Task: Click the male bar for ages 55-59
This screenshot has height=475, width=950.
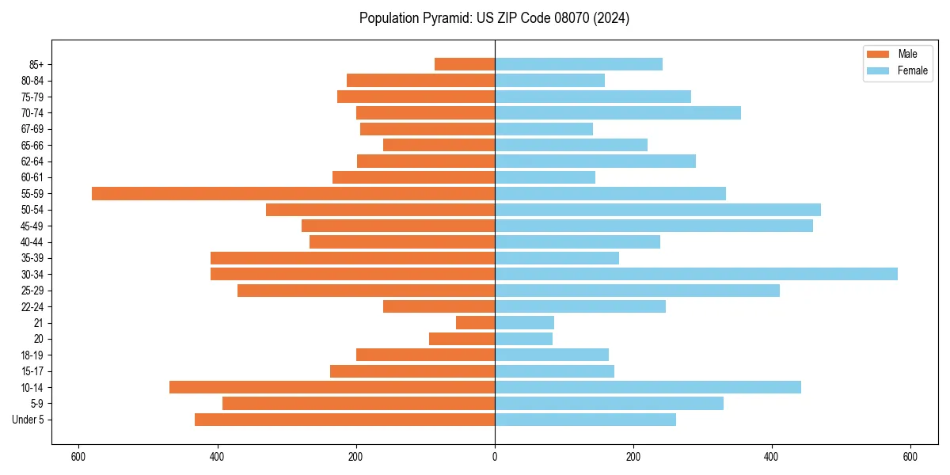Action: pyautogui.click(x=293, y=193)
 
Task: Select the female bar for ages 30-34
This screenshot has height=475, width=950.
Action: pyautogui.click(x=696, y=274)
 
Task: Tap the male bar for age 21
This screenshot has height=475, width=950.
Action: pyautogui.click(x=475, y=322)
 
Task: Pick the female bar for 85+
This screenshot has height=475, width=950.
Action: pyautogui.click(x=578, y=64)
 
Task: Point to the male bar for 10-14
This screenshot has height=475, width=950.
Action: pyautogui.click(x=332, y=387)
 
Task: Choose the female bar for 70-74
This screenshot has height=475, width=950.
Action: pyautogui.click(x=617, y=112)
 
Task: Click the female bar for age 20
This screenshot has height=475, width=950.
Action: pyautogui.click(x=523, y=339)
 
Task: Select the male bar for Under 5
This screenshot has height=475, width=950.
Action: pyautogui.click(x=344, y=420)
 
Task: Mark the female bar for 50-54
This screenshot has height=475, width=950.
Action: pyautogui.click(x=657, y=210)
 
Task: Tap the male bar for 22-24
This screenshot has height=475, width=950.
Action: pyautogui.click(x=439, y=306)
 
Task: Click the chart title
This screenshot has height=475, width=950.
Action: pyautogui.click(x=494, y=18)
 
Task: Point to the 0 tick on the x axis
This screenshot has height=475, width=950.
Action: pyautogui.click(x=495, y=457)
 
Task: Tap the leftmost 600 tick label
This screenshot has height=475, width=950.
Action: pyautogui.click(x=78, y=457)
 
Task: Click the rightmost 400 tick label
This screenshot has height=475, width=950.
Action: pyautogui.click(x=771, y=457)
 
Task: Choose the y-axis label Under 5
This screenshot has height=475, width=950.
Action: pyautogui.click(x=28, y=420)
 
